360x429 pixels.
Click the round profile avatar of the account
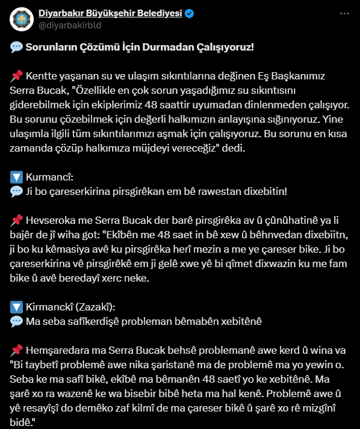coord(22,19)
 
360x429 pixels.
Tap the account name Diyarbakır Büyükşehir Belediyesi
coord(110,13)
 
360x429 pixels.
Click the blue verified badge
coord(190,13)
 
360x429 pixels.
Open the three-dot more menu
coord(344,13)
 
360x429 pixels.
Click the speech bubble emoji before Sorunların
coord(16,47)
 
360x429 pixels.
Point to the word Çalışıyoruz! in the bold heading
coord(226,47)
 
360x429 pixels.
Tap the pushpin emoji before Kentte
coord(16,76)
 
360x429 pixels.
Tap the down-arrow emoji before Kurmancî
coord(16,177)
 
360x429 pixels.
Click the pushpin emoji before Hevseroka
coord(16,220)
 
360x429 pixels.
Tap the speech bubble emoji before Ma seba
coord(16,321)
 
